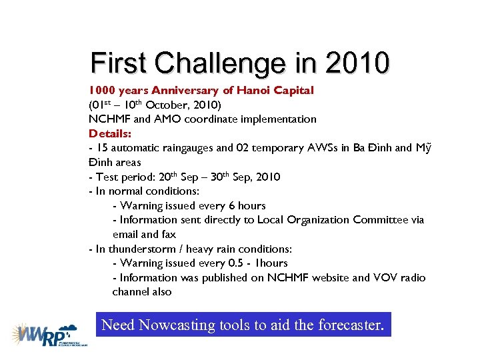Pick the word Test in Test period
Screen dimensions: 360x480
(x=108, y=177)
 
